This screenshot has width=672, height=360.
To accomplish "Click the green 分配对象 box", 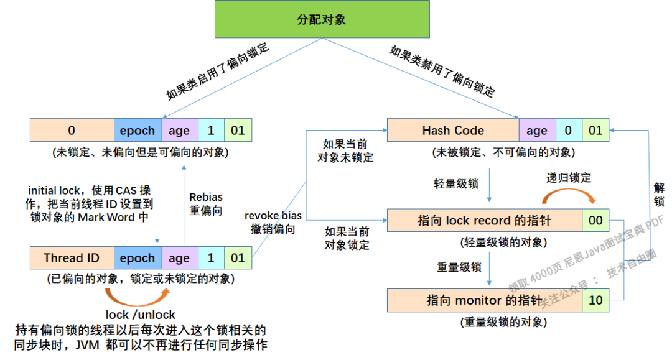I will click(x=321, y=19).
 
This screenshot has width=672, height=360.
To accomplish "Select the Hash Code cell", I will click(x=453, y=131).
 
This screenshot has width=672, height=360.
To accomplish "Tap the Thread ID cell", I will click(x=72, y=258).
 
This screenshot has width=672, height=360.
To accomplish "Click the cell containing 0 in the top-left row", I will click(x=72, y=131).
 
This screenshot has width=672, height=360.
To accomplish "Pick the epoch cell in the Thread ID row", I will click(x=137, y=258).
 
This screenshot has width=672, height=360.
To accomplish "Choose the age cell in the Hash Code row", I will click(x=536, y=131).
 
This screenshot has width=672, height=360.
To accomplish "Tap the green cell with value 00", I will click(x=595, y=221).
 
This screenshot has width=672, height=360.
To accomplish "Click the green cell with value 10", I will click(x=595, y=300).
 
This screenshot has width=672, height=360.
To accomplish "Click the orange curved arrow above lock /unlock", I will click(x=138, y=294).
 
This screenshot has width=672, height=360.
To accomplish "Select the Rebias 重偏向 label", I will click(x=206, y=204).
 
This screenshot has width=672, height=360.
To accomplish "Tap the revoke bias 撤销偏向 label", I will click(x=273, y=222).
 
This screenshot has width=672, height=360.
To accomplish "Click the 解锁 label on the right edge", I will click(x=659, y=193).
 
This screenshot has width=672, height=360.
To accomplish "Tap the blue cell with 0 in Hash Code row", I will click(x=567, y=131).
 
